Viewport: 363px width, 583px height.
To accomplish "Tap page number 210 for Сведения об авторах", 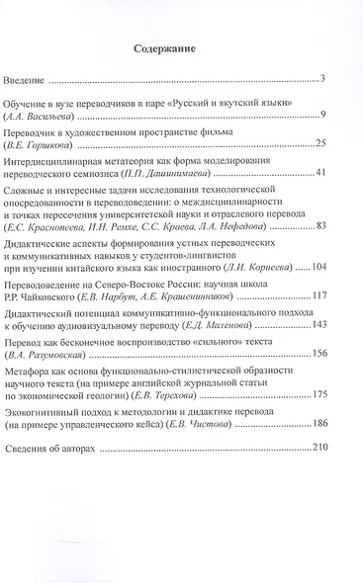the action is pos(318,448).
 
